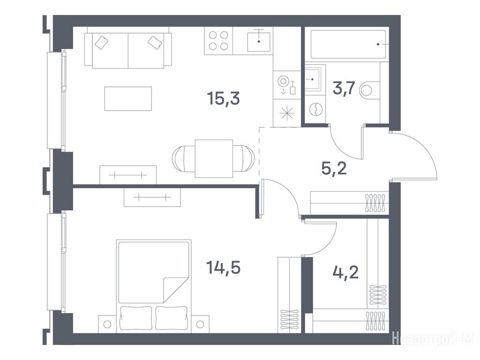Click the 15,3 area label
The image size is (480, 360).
coord(223,98)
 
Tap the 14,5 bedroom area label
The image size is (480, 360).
coord(223,267)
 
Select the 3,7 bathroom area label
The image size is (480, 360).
coord(344,89)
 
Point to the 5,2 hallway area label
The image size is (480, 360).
coord(334,168)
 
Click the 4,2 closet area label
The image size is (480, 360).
coord(345,272)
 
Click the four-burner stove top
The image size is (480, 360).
coord(218,41)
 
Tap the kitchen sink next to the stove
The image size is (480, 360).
coord(259,41)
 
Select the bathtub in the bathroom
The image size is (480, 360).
coord(348,45)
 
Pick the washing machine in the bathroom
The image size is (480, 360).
coord(315,108)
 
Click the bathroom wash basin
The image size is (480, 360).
coord(313,79)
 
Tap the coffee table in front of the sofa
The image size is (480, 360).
coord(128,98)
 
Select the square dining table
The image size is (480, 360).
coord(214,158)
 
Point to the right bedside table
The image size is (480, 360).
coord(200,323)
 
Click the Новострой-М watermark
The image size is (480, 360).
coord(435,339)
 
